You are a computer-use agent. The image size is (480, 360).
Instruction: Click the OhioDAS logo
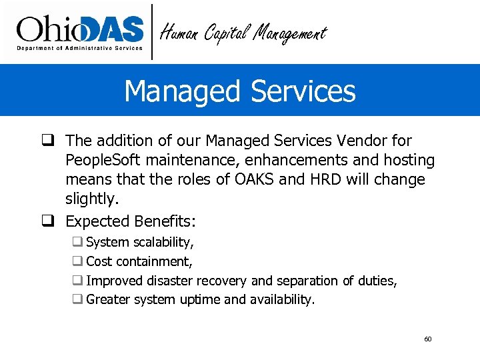pos(80,29)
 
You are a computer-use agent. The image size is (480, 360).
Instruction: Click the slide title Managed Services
pos(240,91)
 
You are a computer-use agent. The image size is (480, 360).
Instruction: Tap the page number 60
pos(428,339)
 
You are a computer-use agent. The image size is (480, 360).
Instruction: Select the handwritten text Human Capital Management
pos(244,33)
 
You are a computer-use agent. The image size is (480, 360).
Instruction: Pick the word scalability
pos(163,243)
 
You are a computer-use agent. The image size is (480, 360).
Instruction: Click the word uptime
pos(201,300)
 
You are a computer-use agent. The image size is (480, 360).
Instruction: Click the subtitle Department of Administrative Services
pos(80,48)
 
